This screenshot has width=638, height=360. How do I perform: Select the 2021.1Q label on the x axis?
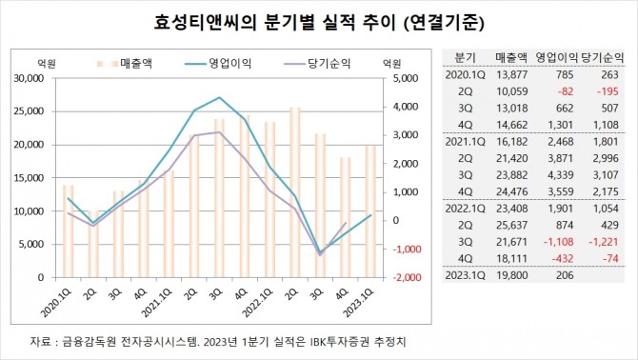click(159, 306)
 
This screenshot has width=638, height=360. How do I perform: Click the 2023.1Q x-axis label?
click(363, 306)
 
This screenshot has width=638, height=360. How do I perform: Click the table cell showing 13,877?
click(511, 74)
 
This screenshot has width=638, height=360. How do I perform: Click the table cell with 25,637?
click(511, 225)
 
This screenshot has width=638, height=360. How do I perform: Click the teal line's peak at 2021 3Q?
click(220, 97)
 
